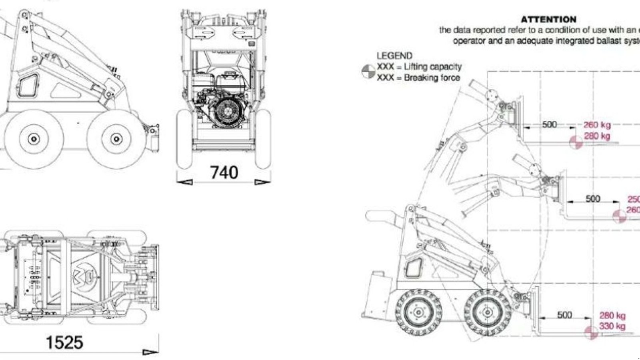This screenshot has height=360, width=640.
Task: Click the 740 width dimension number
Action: tap(224, 172)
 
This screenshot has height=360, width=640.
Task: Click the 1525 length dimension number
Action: tap(64, 342)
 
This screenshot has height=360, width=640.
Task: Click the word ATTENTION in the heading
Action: tap(548, 19)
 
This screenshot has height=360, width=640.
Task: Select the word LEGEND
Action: tap(394, 56)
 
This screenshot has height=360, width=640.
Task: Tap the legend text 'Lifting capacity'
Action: tap(432, 67)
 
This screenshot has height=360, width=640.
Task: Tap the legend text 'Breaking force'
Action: tap(432, 78)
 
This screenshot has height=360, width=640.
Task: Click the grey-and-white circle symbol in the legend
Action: tap(368, 72)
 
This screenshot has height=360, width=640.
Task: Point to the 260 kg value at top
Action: tap(597, 125)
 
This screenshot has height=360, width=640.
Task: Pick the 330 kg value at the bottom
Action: tap(612, 326)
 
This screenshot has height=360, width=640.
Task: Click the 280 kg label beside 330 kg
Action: tap(612, 316)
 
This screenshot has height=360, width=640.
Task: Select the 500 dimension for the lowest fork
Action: tap(564, 315)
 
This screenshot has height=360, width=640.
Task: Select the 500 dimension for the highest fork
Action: tap(549, 124)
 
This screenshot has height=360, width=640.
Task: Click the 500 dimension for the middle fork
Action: tap(592, 198)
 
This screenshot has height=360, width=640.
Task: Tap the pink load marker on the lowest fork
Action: tap(591, 332)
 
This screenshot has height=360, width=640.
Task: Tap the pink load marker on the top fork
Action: tap(576, 142)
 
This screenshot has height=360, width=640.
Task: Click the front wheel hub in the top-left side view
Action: tap(116, 139)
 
